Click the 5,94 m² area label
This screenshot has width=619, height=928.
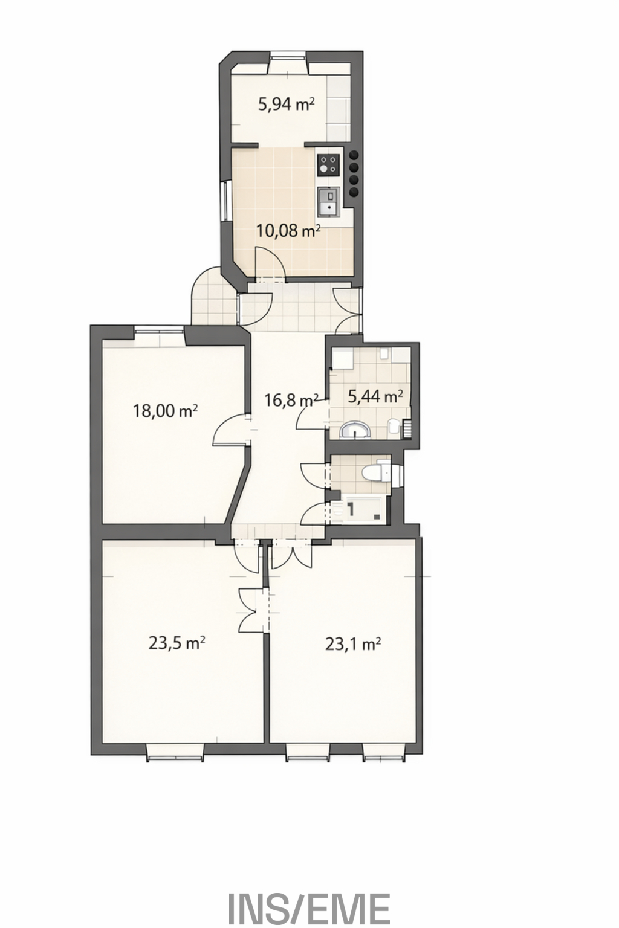click(286, 105)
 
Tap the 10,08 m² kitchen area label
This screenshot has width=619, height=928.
click(288, 230)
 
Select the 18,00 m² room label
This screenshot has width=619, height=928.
click(164, 411)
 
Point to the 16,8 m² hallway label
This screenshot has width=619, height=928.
click(291, 401)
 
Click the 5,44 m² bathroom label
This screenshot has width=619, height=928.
click(375, 397)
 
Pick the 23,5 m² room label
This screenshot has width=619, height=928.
click(177, 643)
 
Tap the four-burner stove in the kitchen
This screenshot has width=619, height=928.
click(328, 164)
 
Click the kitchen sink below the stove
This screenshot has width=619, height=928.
click(328, 201)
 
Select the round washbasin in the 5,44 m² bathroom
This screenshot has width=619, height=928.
click(355, 430)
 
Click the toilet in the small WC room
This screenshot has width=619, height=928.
click(375, 472)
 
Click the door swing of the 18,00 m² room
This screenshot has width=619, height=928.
click(229, 430)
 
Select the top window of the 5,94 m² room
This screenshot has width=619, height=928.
click(289, 57)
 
